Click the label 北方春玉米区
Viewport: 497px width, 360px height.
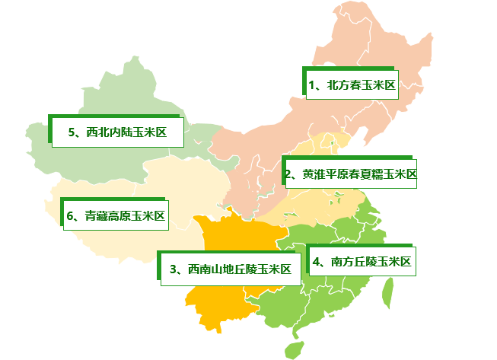coord(352,85)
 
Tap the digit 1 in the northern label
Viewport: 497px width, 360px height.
coord(313,85)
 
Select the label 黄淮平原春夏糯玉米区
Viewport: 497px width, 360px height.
coord(351,174)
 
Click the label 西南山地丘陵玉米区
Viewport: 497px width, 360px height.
coord(231,269)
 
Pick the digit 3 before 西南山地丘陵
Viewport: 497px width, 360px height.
coord(174,269)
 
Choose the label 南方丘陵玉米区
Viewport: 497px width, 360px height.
coord(362,263)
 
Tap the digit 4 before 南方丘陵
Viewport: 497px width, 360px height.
coord(316,263)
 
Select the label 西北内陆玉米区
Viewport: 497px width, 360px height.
coord(119,132)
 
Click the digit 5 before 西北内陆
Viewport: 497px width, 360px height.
coord(71,132)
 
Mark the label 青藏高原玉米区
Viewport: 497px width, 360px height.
coord(116,215)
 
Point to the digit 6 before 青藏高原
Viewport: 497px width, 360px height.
coord(69,215)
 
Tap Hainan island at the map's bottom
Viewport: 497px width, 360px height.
coord(293,349)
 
